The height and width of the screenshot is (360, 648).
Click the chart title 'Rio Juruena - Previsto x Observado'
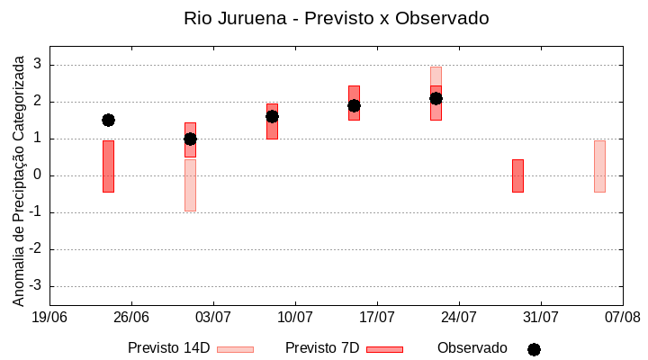336,18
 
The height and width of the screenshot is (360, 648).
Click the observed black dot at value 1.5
108,120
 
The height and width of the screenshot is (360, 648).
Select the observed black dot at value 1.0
190,139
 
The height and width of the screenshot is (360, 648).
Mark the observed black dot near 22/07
436,98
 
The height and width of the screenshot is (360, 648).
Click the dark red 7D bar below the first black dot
108,166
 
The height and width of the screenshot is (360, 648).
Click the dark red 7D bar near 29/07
517,175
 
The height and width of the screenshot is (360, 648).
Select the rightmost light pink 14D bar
599,166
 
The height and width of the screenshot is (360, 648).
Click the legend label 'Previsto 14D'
168,348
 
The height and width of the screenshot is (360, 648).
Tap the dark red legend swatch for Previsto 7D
384,349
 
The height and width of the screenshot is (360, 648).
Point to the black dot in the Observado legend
534,349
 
